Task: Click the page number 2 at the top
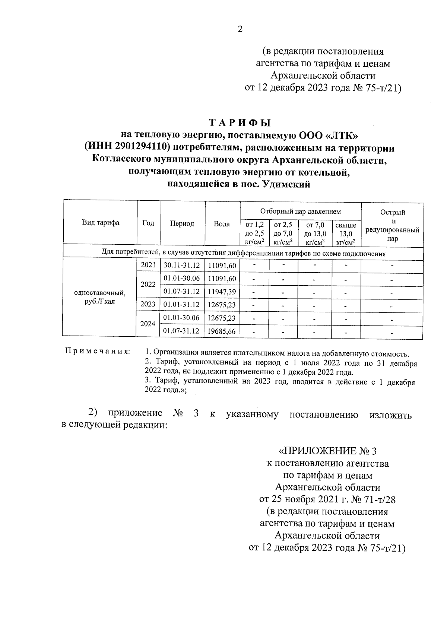pyautogui.click(x=240, y=29)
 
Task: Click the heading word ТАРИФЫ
pyautogui.click(x=240, y=123)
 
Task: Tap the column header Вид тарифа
pyautogui.click(x=101, y=223)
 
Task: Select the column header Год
pyautogui.click(x=148, y=223)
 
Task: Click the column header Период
pyautogui.click(x=182, y=223)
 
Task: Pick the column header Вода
pyautogui.click(x=222, y=224)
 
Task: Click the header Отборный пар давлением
pyautogui.click(x=300, y=212)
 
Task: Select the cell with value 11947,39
pyautogui.click(x=222, y=292)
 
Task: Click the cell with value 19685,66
pyautogui.click(x=222, y=331)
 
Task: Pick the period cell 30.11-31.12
pyautogui.click(x=182, y=266)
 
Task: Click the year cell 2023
pyautogui.click(x=148, y=304)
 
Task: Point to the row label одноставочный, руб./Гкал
pyautogui.click(x=100, y=297)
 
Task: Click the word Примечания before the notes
pyautogui.click(x=98, y=351)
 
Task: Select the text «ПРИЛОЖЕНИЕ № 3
pyautogui.click(x=328, y=451)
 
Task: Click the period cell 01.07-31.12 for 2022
pyautogui.click(x=182, y=292)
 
